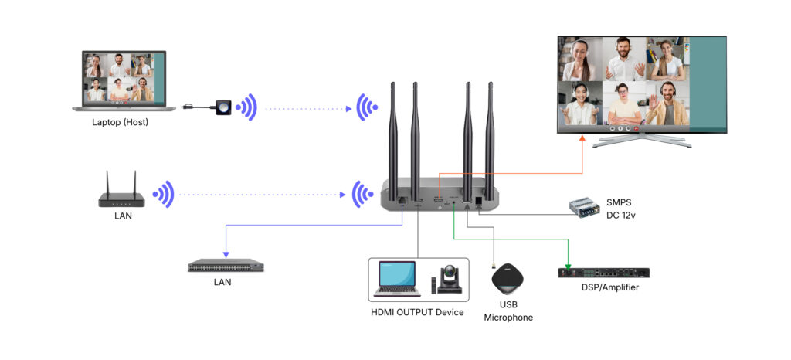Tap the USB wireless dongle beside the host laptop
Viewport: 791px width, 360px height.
click(222, 107)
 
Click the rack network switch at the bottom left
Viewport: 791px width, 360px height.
click(226, 267)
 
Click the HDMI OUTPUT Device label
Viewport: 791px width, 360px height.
click(417, 312)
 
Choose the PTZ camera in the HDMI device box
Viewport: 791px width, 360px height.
click(451, 279)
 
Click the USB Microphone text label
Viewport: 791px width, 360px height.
click(508, 311)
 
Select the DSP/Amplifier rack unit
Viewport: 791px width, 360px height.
click(603, 272)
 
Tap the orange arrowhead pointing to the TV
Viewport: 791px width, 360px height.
click(583, 138)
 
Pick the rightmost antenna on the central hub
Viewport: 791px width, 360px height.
click(491, 131)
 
